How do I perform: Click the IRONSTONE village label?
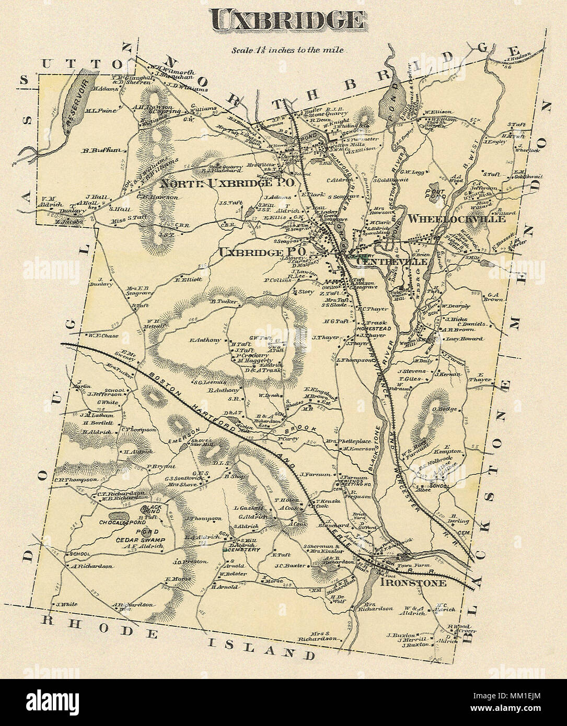point(413,582)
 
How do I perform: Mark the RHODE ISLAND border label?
point(178,642)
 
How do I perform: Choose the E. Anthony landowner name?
point(206,341)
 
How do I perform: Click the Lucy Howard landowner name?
point(461,338)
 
